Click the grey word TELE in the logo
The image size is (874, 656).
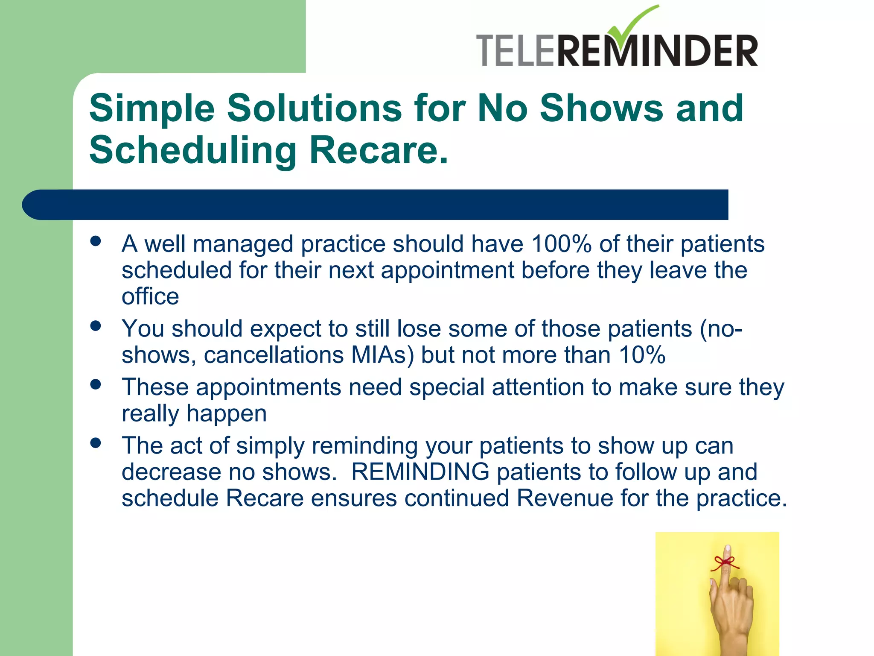click(516, 51)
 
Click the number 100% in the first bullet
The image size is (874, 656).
click(561, 244)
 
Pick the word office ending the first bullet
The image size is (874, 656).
click(150, 297)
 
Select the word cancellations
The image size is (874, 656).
click(274, 355)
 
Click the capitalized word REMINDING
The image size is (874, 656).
click(420, 472)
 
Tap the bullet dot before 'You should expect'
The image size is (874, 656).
click(96, 326)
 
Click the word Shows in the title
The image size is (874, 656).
click(601, 108)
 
